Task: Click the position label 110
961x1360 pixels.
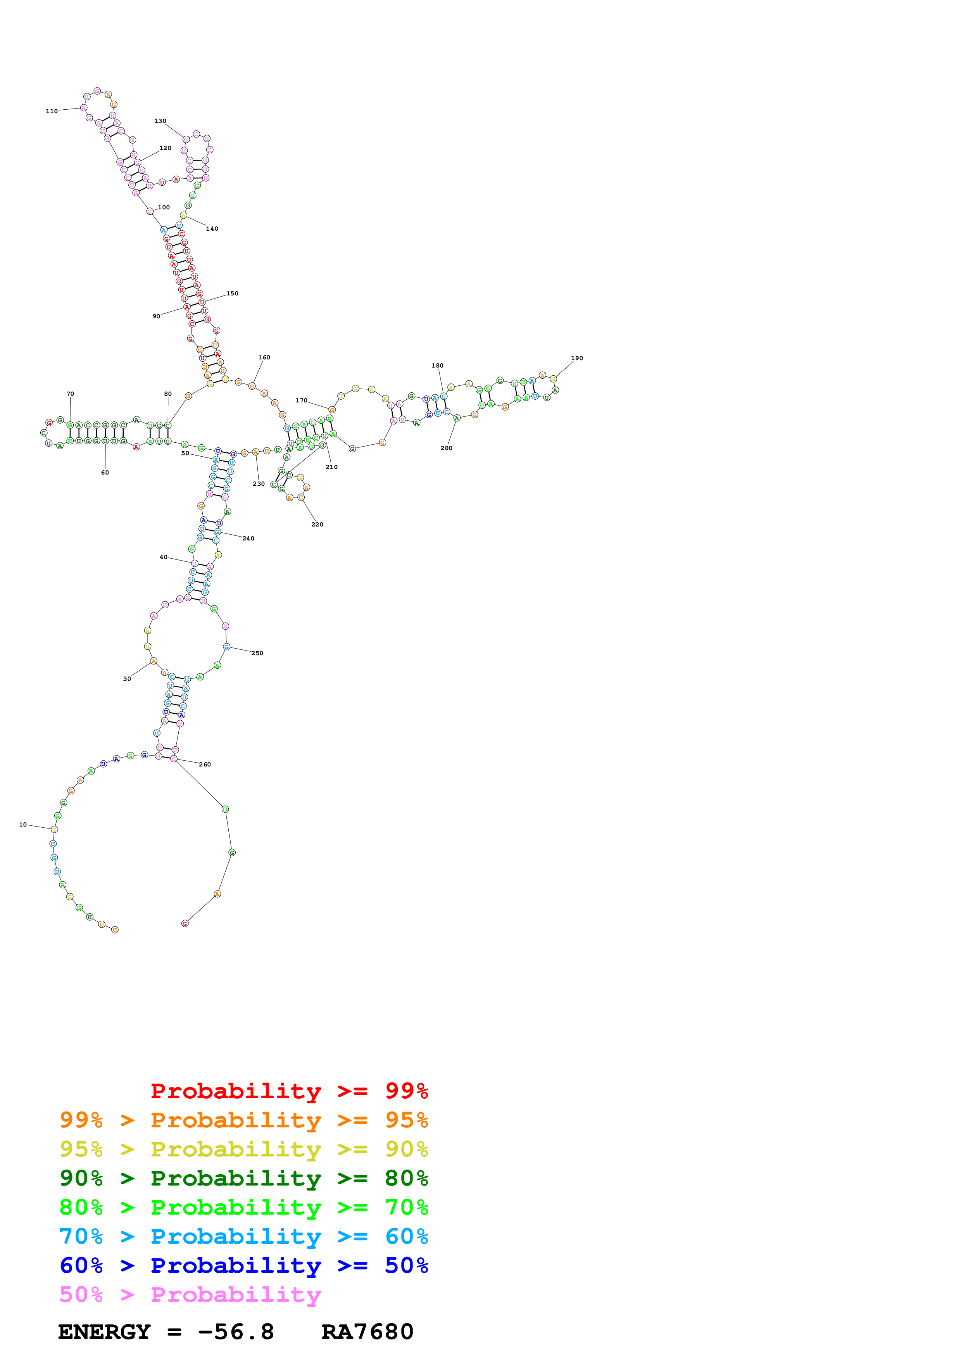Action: pyautogui.click(x=52, y=111)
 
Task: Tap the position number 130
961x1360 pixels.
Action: pyautogui.click(x=160, y=121)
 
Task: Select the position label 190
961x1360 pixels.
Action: pyautogui.click(x=577, y=358)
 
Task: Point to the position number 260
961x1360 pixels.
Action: pyautogui.click(x=205, y=765)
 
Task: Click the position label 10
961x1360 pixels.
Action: pyautogui.click(x=22, y=825)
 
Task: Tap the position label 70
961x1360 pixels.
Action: pyautogui.click(x=70, y=394)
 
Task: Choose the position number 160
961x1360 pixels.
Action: pyautogui.click(x=264, y=358)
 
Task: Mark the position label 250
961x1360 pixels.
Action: pyautogui.click(x=257, y=653)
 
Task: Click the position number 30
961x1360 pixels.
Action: pyautogui.click(x=127, y=679)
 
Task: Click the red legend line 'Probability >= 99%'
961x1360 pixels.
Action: pyautogui.click(x=289, y=1091)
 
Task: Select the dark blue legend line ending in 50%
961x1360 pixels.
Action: pyautogui.click(x=243, y=1265)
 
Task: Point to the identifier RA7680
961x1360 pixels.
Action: pyautogui.click(x=367, y=1332)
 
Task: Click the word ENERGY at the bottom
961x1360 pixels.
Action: pyautogui.click(x=104, y=1332)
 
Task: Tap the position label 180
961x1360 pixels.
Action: pyautogui.click(x=438, y=366)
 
